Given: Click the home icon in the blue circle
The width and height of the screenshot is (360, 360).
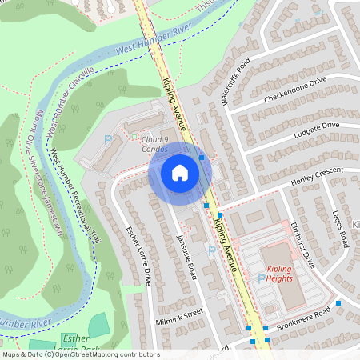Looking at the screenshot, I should point(180,172).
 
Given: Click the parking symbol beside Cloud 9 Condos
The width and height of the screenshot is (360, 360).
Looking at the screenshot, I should point(109,141).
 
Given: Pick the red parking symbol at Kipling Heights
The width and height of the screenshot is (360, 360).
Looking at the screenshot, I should point(261,278).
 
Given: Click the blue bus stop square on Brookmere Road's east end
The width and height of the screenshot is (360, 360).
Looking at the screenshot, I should point(338,303).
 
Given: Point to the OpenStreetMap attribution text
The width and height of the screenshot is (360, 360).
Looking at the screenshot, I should point(80,354).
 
